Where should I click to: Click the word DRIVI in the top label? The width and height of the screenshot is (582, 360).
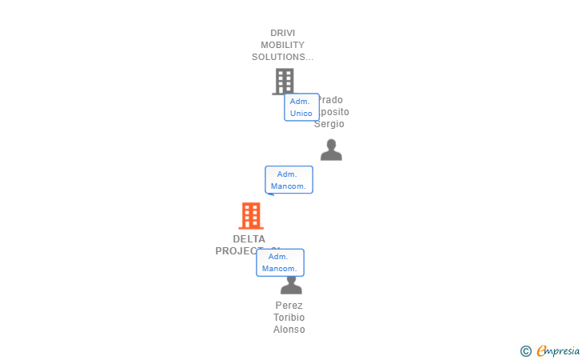pos(282,33)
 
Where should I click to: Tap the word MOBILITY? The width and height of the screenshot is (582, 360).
pos(282,45)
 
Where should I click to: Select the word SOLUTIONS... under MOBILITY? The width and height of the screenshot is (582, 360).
pos(282,57)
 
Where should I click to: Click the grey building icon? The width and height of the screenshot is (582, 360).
pos(283,81)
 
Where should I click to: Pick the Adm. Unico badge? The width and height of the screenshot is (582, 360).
pos(301,107)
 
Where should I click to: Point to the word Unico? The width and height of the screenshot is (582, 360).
pos(301,114)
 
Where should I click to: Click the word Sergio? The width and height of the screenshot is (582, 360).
pos(329,124)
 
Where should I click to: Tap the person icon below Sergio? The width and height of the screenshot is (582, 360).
pos(331,150)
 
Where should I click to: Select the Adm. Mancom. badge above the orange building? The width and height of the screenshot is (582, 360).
pos(289,180)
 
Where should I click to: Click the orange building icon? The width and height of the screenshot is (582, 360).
pos(251,216)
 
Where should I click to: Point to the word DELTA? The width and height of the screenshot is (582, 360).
pos(249,238)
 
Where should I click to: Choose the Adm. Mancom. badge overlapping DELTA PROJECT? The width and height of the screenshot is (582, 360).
pos(280,262)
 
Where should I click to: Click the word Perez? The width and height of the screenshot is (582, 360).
pos(289,305)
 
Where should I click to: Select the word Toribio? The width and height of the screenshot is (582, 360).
pos(289,318)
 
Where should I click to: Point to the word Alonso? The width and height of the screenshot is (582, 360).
pos(289,330)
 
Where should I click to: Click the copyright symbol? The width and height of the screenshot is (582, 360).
pos(525,351)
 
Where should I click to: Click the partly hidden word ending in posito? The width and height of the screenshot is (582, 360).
pos(334,112)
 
